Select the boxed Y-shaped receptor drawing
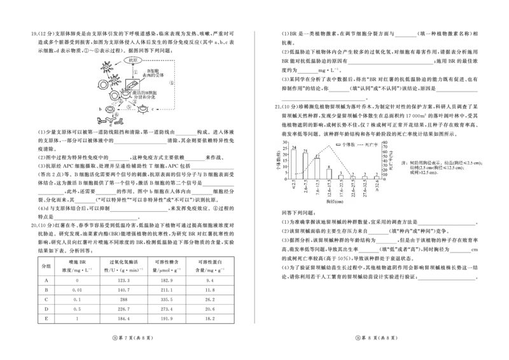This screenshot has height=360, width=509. [x=135, y=85]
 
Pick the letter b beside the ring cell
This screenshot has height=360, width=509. [x=101, y=109]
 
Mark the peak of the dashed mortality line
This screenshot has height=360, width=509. [x=329, y=146]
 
